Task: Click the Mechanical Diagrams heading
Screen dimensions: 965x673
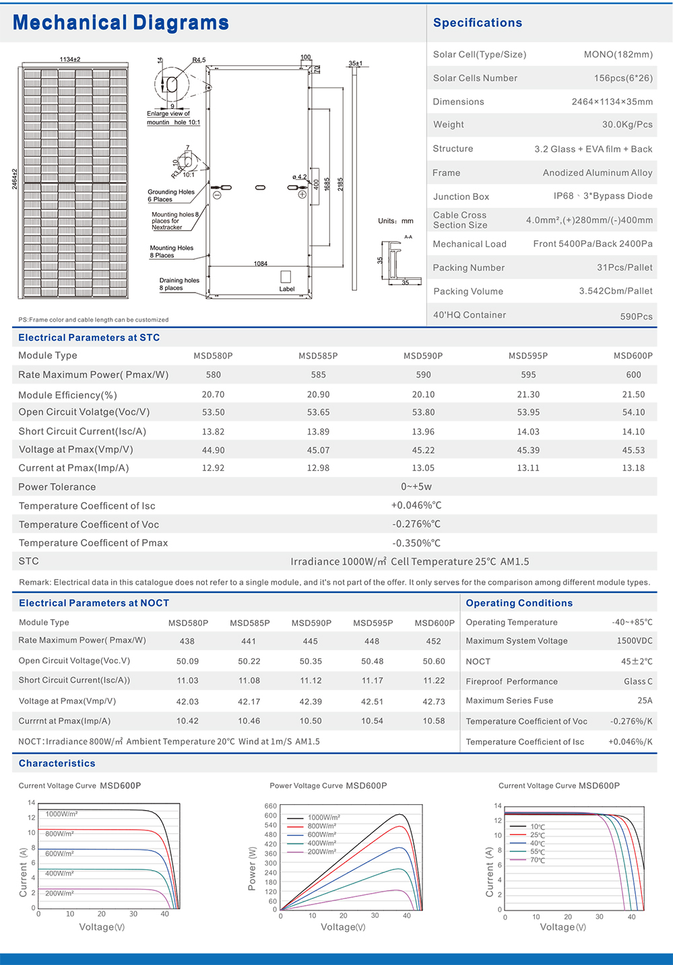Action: pos(121,23)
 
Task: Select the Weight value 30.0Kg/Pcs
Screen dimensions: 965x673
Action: pos(627,124)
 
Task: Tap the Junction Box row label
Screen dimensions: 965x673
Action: pos(461,196)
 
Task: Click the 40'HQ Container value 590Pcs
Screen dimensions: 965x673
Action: pos(636,316)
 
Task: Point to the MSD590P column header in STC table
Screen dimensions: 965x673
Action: pos(423,356)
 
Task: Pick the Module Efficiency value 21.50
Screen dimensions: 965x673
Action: pos(633,394)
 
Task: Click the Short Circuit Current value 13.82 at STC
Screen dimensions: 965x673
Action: pos(213,432)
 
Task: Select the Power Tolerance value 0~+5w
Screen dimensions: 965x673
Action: pos(416,487)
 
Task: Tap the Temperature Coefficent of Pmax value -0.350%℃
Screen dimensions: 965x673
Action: pos(416,543)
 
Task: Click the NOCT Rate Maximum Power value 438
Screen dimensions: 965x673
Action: pos(187,641)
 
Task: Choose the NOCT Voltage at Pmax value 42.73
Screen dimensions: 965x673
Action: pos(434,701)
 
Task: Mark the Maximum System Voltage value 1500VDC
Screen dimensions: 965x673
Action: pos(635,641)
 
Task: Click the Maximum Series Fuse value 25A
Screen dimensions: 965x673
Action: pos(645,701)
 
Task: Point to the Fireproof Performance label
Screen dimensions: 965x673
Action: pos(512,682)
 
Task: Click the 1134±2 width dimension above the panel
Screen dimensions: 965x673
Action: pos(70,60)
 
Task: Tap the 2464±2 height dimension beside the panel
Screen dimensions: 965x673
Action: pos(15,179)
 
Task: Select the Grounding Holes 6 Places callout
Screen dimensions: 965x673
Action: pos(171,196)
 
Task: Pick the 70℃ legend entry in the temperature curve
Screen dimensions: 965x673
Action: pos(538,860)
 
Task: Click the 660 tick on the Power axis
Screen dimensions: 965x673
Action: pos(271,806)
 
